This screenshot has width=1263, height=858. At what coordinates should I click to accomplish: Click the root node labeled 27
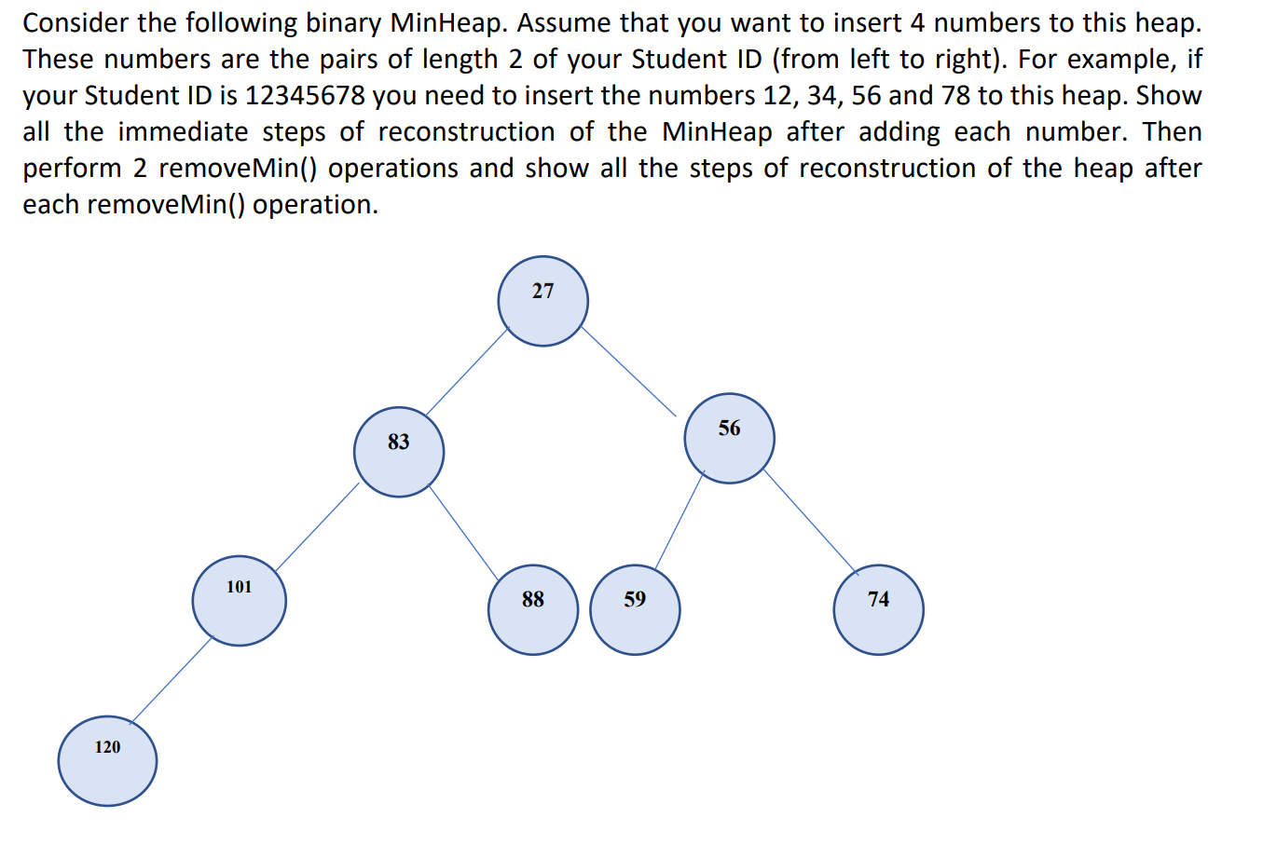[543, 301]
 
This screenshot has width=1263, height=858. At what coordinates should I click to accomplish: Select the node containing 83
[399, 452]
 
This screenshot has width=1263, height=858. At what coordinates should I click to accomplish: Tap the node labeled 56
[729, 438]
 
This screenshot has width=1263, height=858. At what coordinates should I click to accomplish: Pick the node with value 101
[239, 601]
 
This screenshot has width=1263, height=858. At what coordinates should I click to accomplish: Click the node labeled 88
[533, 609]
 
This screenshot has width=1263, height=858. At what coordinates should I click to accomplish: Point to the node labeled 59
[635, 609]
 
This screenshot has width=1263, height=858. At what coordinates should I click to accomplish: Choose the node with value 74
[878, 609]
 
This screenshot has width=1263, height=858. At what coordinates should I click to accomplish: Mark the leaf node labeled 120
[107, 761]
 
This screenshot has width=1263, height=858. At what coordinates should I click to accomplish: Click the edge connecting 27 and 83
[467, 372]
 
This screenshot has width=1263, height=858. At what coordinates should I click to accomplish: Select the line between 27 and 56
[628, 372]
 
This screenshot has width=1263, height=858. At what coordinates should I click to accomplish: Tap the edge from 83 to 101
[317, 527]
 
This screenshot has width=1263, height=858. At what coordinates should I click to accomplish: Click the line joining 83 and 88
[463, 532]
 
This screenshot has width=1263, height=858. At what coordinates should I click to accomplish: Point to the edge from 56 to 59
[680, 520]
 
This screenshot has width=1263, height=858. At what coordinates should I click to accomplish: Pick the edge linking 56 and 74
[811, 522]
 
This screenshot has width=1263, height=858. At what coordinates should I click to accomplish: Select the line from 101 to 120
[172, 681]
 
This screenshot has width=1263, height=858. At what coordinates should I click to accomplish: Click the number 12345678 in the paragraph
[305, 96]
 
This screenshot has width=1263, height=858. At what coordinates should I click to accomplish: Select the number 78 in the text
[955, 96]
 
